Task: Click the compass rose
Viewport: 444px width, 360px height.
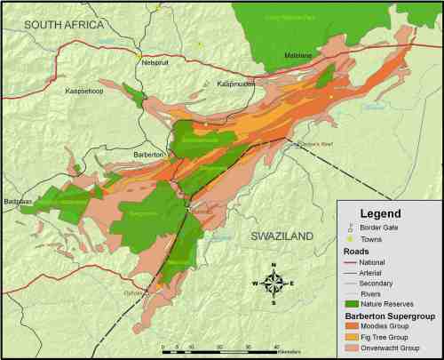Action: (274, 284)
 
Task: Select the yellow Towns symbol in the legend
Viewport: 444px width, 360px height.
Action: (353, 238)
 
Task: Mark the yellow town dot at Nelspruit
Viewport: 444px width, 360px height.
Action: (140, 59)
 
